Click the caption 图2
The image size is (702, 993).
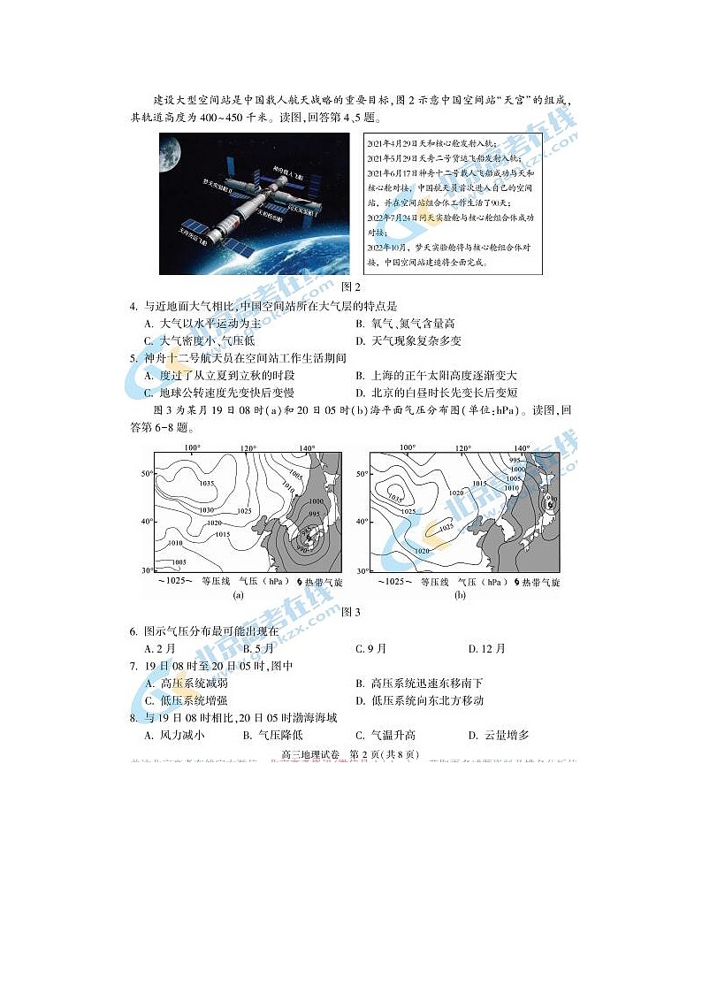(x=351, y=286)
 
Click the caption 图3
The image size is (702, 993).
(x=351, y=612)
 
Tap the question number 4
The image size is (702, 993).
(x=134, y=307)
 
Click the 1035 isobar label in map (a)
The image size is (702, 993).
(x=207, y=484)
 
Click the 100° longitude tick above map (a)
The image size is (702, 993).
(x=192, y=447)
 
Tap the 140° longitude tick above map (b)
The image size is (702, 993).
(x=522, y=447)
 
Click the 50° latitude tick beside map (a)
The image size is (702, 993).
(x=148, y=474)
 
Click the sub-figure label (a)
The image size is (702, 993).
(x=237, y=596)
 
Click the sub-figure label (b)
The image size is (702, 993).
(x=460, y=596)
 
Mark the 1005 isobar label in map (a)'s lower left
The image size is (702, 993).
(x=179, y=561)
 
